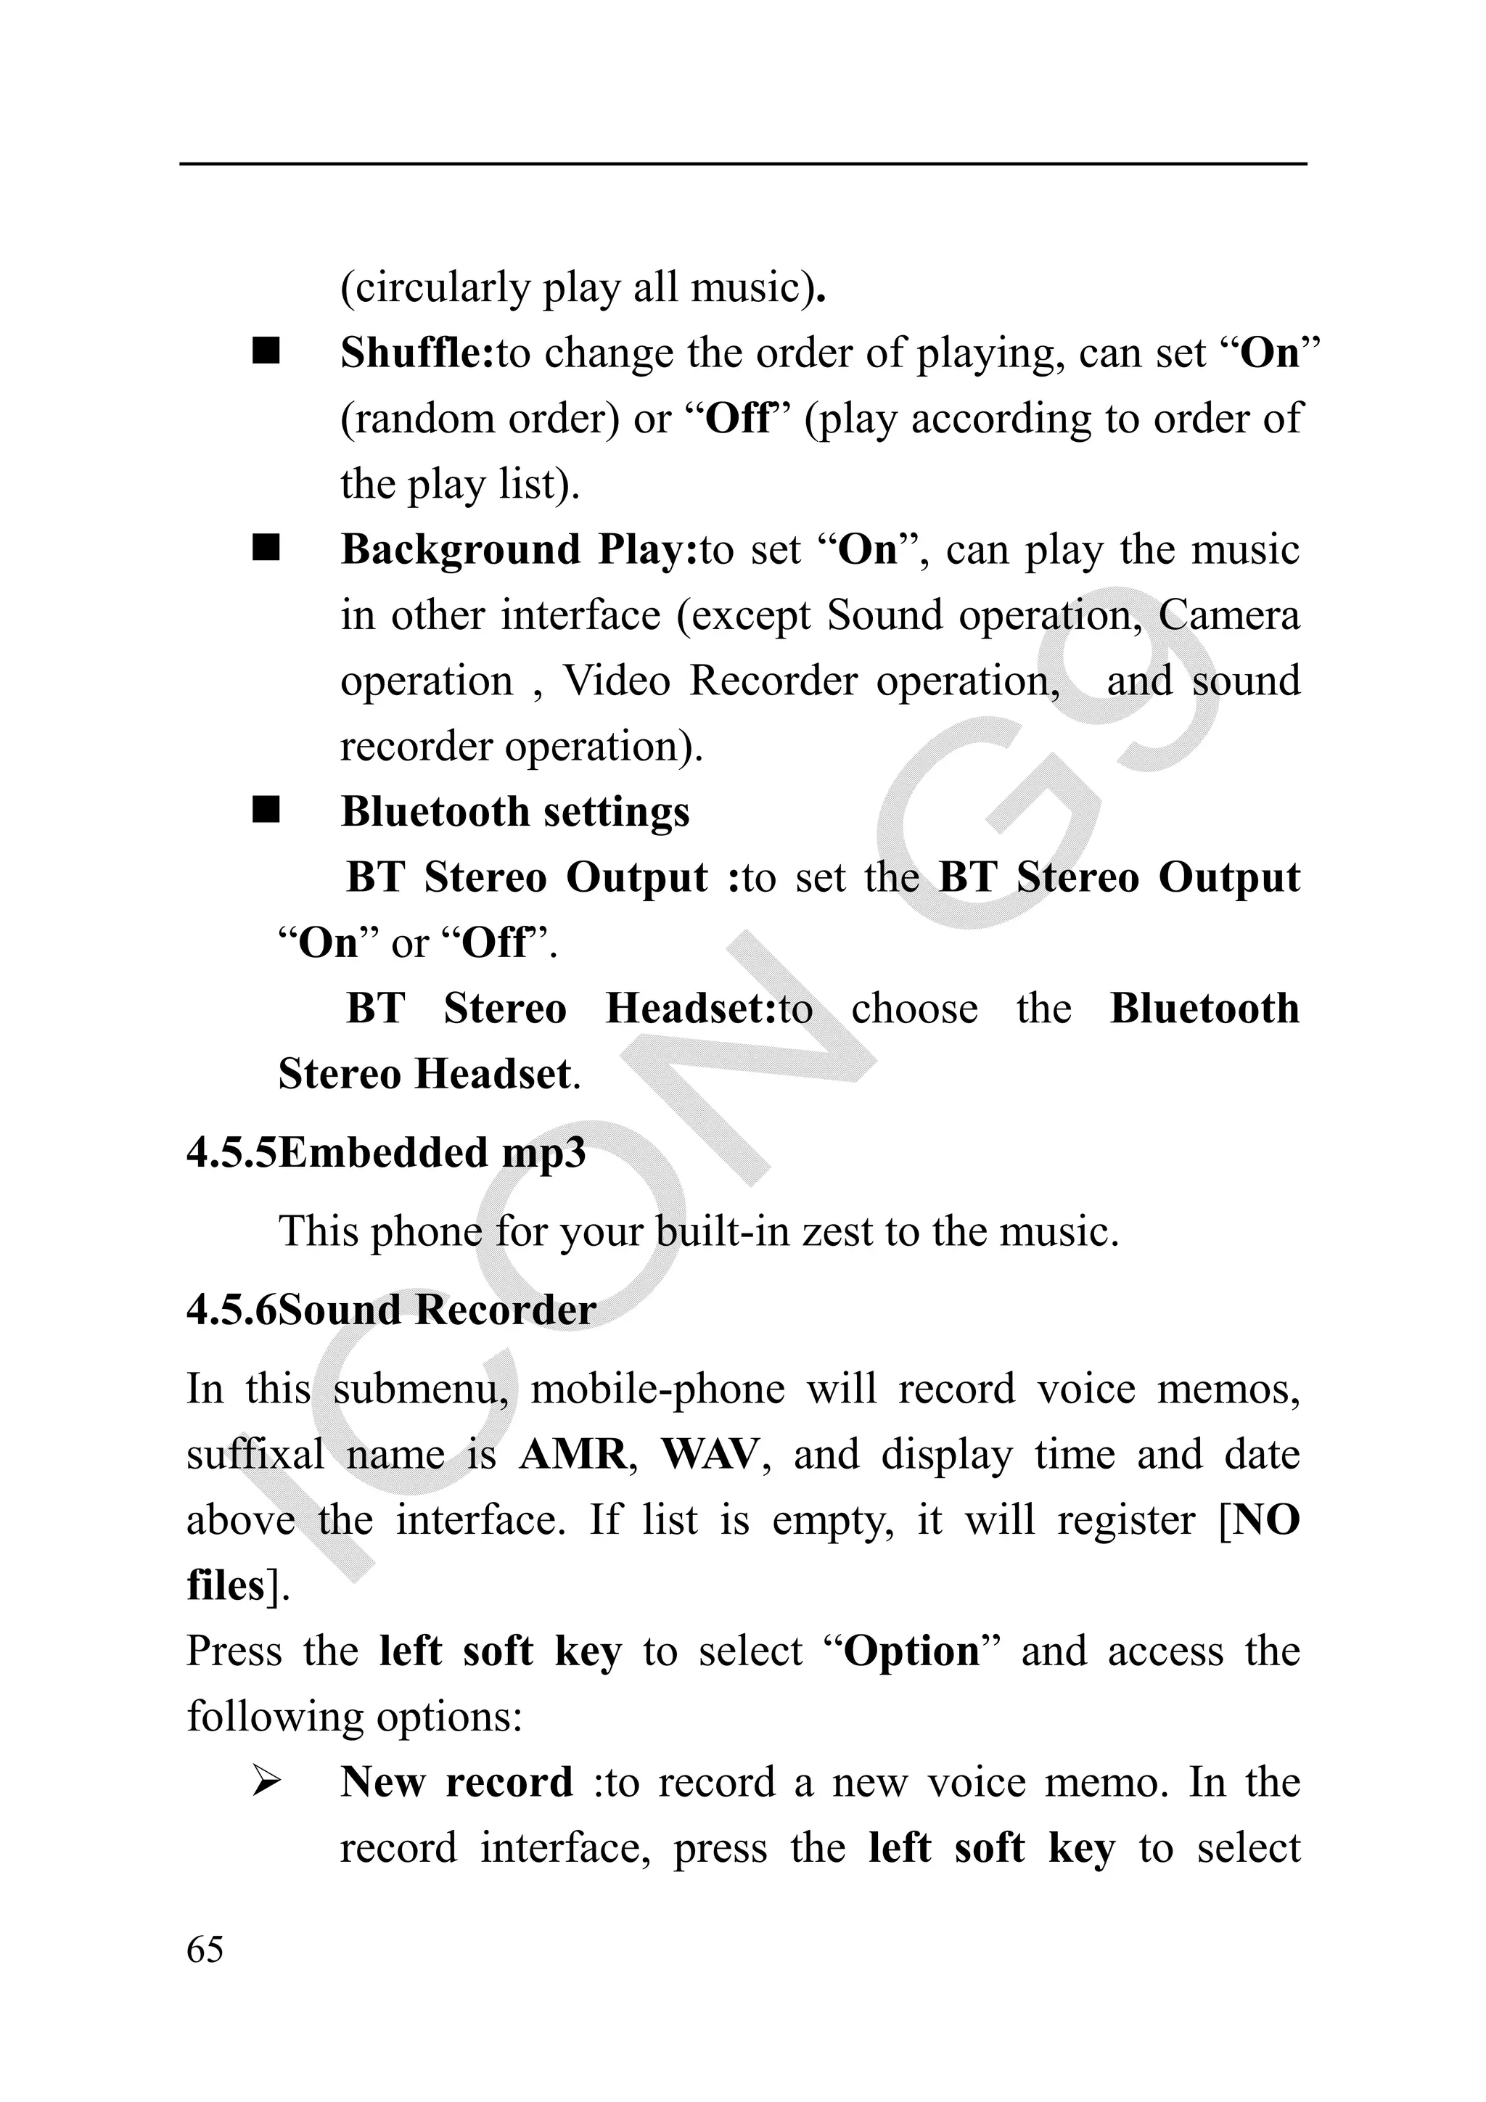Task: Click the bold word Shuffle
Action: (x=415, y=353)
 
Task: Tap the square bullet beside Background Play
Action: (x=266, y=549)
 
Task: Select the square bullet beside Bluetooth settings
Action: (x=266, y=811)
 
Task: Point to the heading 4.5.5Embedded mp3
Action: (x=385, y=1153)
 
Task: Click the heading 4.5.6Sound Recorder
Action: (x=391, y=1310)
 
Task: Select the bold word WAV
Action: (x=710, y=1455)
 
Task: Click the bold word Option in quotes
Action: (x=911, y=1651)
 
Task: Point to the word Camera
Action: (x=1228, y=615)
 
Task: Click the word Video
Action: (x=616, y=681)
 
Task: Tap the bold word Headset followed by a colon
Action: (x=690, y=1009)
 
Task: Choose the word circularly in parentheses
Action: (x=440, y=288)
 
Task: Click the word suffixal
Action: (x=255, y=1455)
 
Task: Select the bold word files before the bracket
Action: (x=225, y=1585)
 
